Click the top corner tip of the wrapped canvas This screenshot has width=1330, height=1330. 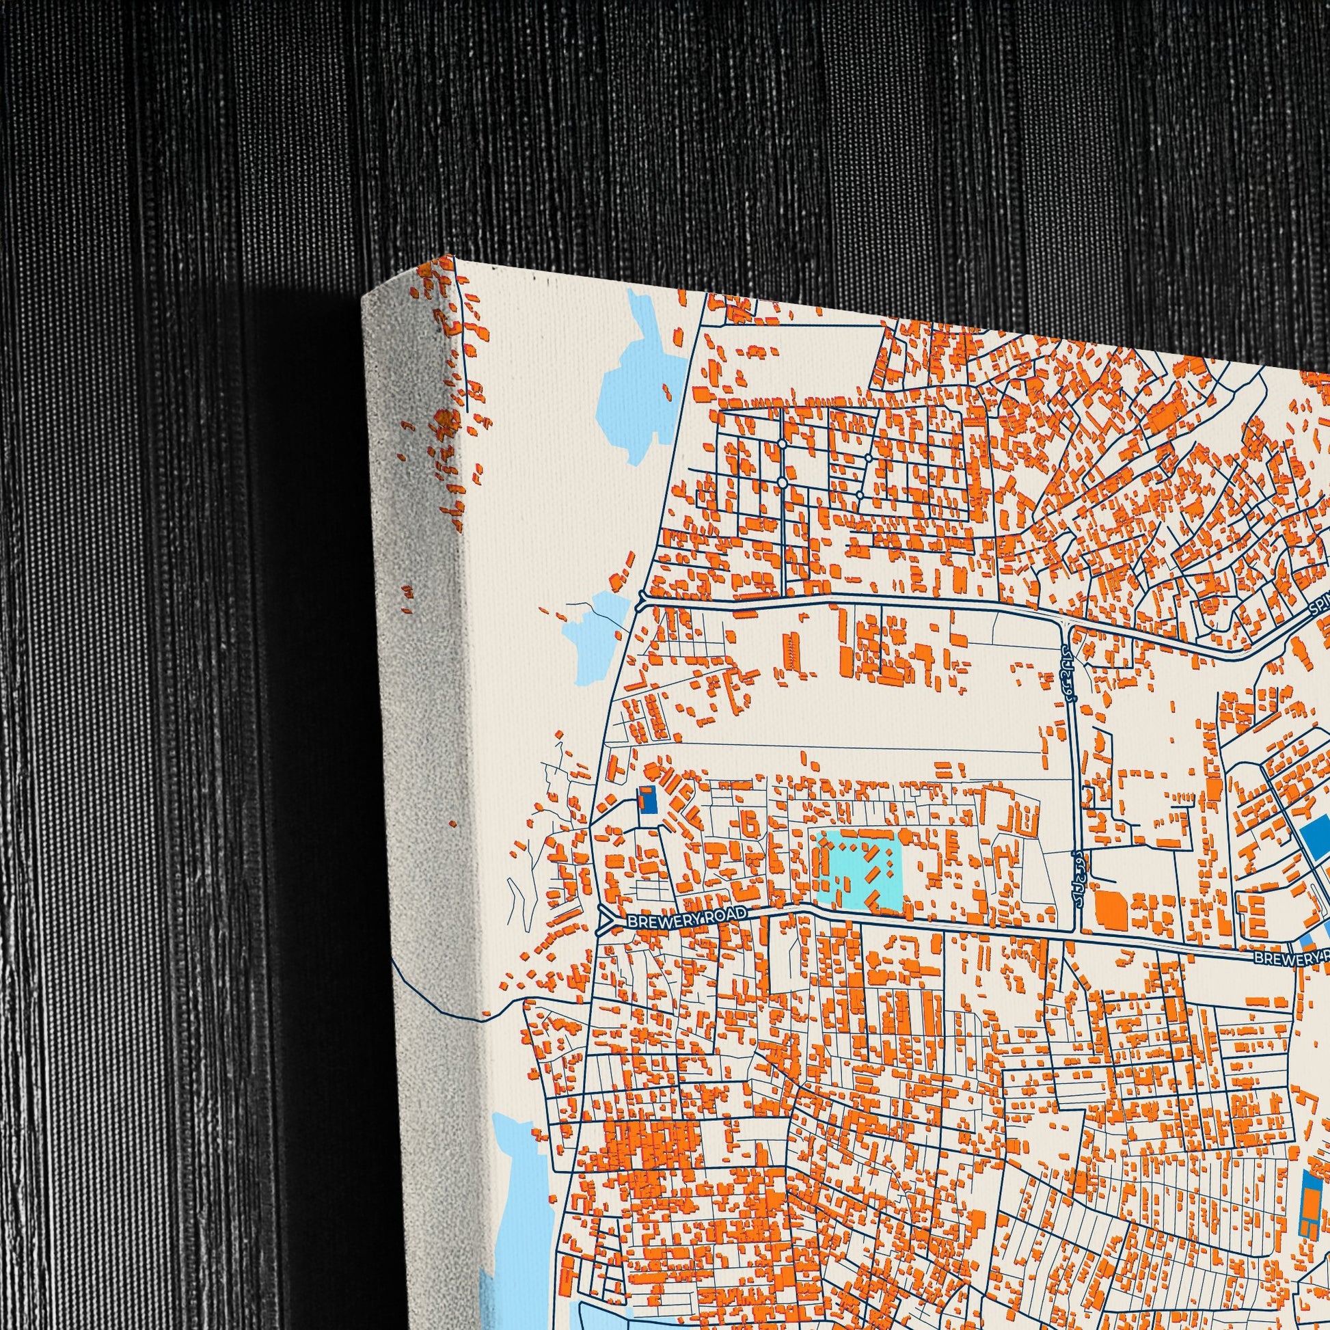tap(455, 257)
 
